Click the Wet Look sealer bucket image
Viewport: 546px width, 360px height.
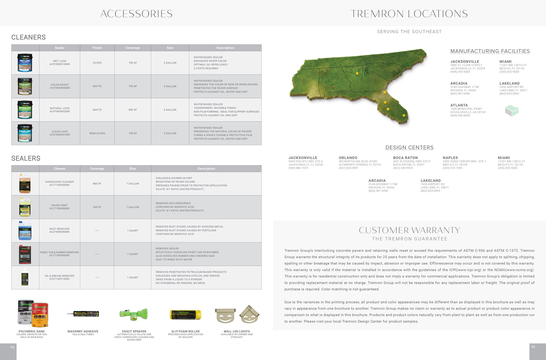[25, 63]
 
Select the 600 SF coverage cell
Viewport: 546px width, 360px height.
[133, 110]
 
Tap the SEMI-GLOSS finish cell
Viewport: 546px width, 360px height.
[97, 133]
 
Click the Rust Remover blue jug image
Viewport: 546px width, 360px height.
[25, 231]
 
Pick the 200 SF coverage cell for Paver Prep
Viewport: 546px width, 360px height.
[97, 207]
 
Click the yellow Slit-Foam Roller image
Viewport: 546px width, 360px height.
[185, 315]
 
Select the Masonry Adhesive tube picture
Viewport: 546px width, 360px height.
[83, 314]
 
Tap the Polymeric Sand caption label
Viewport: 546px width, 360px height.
[31, 331]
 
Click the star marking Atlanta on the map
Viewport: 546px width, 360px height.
[357, 73]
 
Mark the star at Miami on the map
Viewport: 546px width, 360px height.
[404, 115]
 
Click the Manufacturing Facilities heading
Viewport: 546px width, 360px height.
[490, 51]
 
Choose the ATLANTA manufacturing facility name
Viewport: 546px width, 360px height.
[459, 105]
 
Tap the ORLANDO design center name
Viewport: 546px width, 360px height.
[348, 158]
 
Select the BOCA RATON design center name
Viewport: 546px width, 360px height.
[405, 158]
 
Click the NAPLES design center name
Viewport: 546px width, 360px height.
[450, 158]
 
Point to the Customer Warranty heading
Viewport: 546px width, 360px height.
[409, 230]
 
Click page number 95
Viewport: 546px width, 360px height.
[533, 347]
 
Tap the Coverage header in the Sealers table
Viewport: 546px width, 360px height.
[97, 169]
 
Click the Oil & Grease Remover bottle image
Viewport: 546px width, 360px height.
[25, 277]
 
